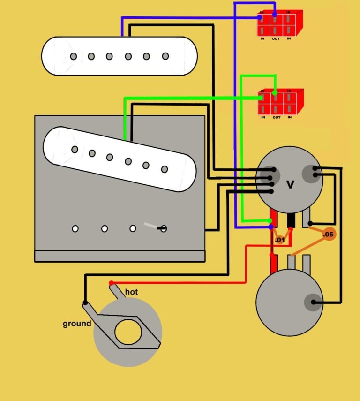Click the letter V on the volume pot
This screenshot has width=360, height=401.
[290, 185]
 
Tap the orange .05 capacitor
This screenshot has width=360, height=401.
[329, 234]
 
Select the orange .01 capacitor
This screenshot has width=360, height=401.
[279, 240]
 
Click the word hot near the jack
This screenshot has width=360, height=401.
[132, 292]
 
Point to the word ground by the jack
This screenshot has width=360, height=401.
[77, 324]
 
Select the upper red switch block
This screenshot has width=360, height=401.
[279, 23]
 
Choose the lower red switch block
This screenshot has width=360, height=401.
[280, 102]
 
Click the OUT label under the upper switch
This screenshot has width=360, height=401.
[276, 38]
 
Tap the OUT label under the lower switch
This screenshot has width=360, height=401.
[276, 117]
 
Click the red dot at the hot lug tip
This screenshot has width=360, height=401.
[111, 283]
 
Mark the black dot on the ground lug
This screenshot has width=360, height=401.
[85, 303]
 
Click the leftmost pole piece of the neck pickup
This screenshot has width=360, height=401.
[74, 56]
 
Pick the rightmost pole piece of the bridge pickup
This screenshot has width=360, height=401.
[165, 169]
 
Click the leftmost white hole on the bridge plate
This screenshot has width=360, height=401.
[75, 229]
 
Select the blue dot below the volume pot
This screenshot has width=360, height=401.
[270, 227]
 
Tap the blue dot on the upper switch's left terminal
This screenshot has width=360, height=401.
[260, 18]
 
